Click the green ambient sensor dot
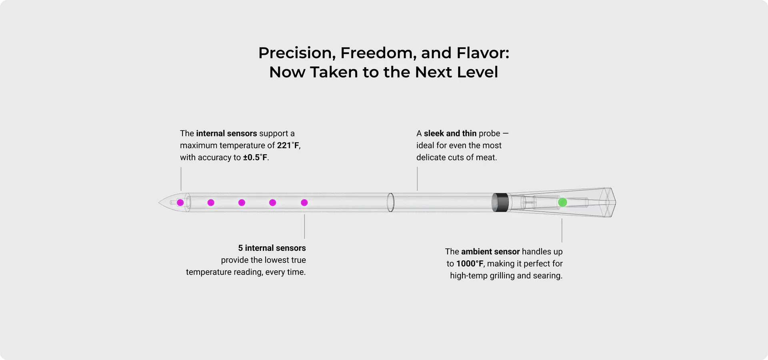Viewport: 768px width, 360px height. (562, 202)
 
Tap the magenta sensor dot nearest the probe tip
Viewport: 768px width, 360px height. (180, 203)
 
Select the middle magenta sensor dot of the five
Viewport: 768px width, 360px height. (242, 203)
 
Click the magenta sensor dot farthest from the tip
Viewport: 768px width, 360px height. (304, 203)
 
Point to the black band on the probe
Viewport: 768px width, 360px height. (500, 202)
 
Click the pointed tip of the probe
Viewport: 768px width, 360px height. (159, 202)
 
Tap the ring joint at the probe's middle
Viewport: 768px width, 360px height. (390, 202)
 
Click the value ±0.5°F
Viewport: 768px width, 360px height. (255, 157)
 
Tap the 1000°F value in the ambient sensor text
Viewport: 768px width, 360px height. (470, 264)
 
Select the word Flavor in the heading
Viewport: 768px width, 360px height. (483, 53)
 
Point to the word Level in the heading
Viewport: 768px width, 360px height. (478, 72)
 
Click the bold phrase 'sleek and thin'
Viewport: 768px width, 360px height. (450, 133)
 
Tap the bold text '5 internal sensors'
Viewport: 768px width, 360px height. (272, 248)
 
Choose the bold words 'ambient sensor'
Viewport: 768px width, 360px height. (490, 252)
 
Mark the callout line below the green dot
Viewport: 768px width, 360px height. (562, 230)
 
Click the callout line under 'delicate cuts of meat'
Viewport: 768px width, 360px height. (417, 179)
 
